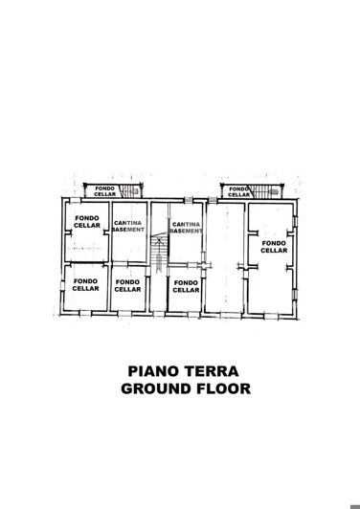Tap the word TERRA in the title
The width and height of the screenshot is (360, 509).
pyautogui.click(x=211, y=370)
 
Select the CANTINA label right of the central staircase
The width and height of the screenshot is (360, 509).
pyautogui.click(x=187, y=223)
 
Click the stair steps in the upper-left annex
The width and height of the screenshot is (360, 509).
pyautogui.click(x=129, y=190)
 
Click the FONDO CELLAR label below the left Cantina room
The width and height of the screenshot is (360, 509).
pyautogui.click(x=126, y=285)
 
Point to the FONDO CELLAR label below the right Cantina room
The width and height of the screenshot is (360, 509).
pyautogui.click(x=186, y=285)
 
